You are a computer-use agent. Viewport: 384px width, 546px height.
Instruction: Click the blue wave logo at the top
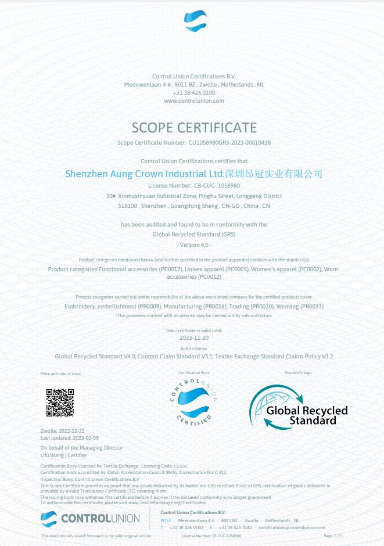coord(195,21)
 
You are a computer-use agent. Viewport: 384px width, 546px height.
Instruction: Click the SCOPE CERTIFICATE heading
coord(194,127)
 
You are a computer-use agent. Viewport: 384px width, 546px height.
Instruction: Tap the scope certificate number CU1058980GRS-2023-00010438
coord(229,142)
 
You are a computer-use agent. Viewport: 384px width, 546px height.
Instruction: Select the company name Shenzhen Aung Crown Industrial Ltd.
coord(145,174)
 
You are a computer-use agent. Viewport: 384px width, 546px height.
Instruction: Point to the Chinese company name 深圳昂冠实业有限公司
coord(273,174)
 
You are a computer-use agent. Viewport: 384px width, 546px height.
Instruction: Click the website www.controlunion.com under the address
coord(194,100)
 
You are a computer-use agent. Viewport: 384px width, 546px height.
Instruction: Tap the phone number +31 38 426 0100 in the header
coord(194,92)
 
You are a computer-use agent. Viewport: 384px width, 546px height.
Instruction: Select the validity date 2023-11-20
coord(193,337)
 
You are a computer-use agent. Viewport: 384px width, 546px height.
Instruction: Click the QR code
coord(60,403)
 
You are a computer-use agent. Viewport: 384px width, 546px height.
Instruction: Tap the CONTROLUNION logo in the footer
coord(90,518)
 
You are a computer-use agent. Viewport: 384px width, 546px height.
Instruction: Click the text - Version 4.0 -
coord(194,245)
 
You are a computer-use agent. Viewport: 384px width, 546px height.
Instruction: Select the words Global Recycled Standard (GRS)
coord(194,235)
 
